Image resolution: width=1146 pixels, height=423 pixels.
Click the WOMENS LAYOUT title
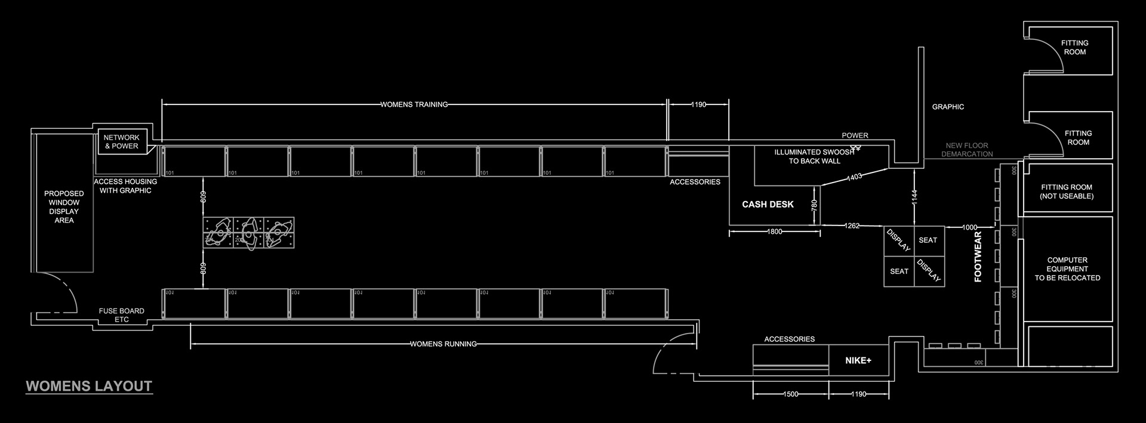[x=89, y=386]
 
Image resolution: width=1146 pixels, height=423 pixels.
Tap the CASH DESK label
[x=768, y=204]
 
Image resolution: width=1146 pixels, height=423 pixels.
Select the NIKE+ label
[x=858, y=360]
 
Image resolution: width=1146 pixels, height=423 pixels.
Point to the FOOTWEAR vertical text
[x=978, y=257]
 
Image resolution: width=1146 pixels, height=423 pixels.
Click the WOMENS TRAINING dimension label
[x=414, y=104]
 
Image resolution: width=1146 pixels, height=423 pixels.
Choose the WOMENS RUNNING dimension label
[x=443, y=344]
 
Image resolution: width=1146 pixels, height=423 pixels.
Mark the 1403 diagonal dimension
[x=854, y=177]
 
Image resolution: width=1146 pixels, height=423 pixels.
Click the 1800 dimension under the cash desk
[x=775, y=231]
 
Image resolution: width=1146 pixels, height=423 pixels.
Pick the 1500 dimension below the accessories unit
[x=791, y=394]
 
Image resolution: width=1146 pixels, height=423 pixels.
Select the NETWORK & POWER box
[x=122, y=141]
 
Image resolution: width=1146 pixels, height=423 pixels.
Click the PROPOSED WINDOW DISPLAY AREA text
[x=64, y=206]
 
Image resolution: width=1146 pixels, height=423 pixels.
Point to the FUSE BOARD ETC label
[x=122, y=315]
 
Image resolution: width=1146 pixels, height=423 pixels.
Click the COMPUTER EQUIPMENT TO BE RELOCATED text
[x=1067, y=268]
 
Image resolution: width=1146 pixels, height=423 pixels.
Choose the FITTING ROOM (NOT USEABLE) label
[x=1067, y=192]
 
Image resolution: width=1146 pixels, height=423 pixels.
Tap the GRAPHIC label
[x=948, y=107]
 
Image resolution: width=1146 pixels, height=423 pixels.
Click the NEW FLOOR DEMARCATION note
[x=967, y=150]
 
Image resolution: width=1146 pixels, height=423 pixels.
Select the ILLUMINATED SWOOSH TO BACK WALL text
[x=814, y=156]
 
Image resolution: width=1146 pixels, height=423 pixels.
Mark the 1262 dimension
[x=852, y=226]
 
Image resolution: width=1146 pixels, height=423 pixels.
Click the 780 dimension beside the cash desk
[x=814, y=205]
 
